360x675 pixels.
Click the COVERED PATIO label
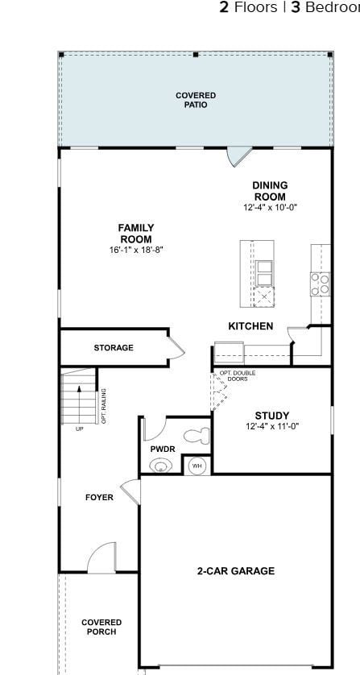(196, 100)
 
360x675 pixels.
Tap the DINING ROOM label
(270, 192)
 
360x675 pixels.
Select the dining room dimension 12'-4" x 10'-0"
(271, 207)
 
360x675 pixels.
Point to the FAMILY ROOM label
(136, 234)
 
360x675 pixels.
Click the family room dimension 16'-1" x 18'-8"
(136, 250)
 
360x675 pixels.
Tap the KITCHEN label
(250, 326)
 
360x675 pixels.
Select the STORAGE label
(114, 348)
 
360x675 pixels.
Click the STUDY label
(272, 416)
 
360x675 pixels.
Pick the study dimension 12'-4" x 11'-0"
(272, 427)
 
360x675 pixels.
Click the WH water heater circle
(197, 466)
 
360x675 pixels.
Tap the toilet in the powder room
(197, 436)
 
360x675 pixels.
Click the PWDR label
(163, 449)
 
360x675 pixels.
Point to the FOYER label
(99, 498)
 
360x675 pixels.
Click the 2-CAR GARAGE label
(236, 571)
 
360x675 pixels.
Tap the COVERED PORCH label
(101, 627)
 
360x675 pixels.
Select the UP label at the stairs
(79, 429)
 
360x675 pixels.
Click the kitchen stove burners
(321, 282)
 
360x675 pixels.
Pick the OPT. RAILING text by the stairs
(104, 406)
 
